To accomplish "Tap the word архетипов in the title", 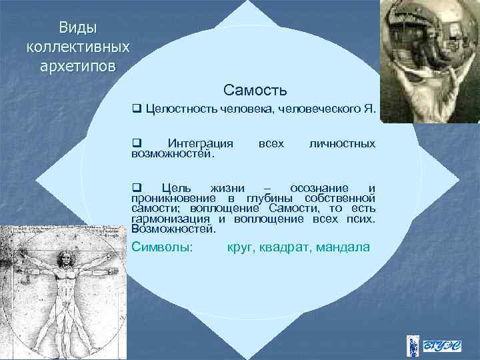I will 77,67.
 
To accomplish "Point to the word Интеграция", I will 200,143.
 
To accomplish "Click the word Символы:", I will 163,247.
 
